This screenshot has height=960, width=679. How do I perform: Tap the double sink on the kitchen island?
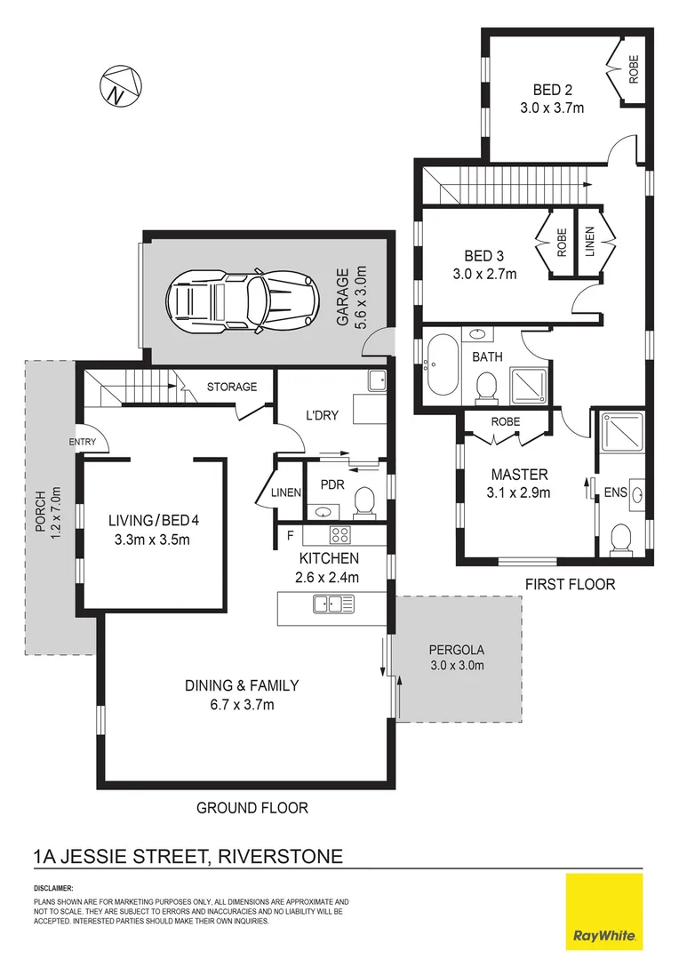point(333,604)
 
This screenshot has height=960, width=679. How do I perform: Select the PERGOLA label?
point(457,650)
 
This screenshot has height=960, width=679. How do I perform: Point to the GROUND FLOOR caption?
point(252,808)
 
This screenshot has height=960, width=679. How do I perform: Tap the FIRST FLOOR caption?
point(569,584)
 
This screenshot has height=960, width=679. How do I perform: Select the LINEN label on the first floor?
point(590,244)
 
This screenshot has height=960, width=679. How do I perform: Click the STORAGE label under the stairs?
point(232,387)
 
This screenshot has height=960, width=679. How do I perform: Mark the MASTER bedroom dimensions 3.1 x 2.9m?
point(516,493)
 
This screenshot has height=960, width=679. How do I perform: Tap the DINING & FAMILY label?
point(241,685)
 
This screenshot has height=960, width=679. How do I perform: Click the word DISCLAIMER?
point(53,888)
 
